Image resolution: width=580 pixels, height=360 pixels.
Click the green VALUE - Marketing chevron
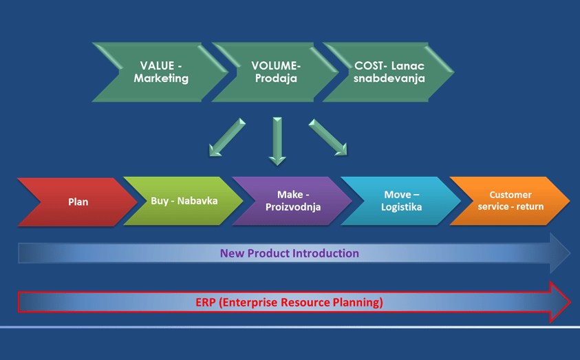pos(161,72)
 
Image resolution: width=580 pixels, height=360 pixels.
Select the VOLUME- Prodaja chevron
pos(276,72)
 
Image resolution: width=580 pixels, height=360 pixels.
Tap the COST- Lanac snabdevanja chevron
pos(389,72)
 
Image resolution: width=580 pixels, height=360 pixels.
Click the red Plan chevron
pos(78,202)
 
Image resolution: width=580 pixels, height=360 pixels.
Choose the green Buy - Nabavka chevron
pos(184,201)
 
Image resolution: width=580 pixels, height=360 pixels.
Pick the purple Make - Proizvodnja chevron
pos(292,201)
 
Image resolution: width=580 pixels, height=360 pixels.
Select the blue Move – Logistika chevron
pos(401,201)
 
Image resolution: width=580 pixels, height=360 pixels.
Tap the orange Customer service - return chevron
pos(511,201)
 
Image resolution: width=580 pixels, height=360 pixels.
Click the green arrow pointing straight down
pos(277,141)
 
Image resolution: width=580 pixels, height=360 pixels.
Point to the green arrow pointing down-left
pos(227,137)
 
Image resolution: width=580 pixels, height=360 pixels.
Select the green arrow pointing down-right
pos(328,137)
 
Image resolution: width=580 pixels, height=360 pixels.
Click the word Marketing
pos(161,78)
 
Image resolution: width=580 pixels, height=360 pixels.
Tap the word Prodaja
pos(276,78)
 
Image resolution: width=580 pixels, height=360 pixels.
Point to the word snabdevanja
pos(389,78)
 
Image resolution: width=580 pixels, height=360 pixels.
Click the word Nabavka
pos(197,201)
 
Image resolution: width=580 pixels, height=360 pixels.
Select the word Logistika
pos(401,207)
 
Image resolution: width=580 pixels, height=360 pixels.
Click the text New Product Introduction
pos(289,253)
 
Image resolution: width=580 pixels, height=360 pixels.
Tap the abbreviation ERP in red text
pos(205,302)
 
